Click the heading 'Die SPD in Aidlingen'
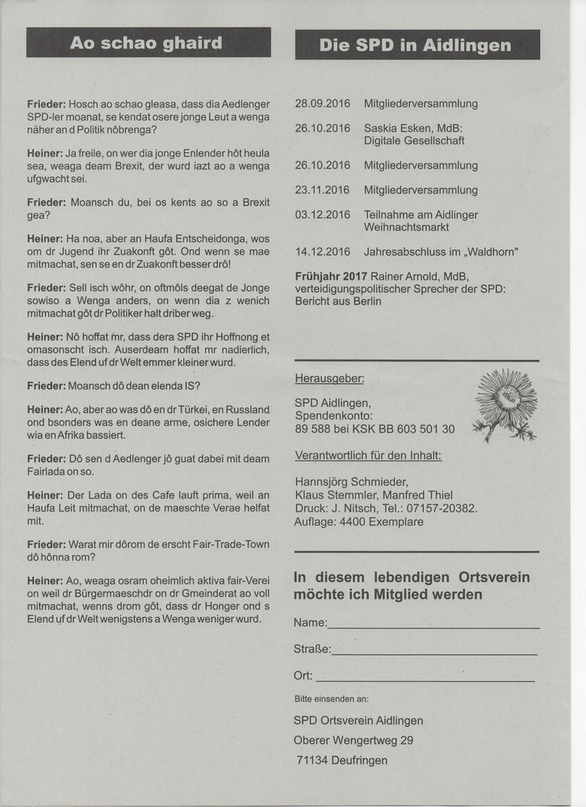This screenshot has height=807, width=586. (x=416, y=45)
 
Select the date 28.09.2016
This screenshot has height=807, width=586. (x=323, y=103)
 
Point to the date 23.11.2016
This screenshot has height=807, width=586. (x=323, y=190)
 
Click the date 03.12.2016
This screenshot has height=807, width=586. (x=323, y=215)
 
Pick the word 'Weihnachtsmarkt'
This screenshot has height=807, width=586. (x=410, y=228)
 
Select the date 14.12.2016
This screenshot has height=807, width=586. (x=323, y=252)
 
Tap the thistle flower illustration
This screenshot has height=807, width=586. (x=505, y=404)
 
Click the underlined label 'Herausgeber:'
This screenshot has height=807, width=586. (x=329, y=378)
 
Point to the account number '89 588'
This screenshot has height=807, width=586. (x=313, y=429)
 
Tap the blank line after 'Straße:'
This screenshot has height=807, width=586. (x=433, y=652)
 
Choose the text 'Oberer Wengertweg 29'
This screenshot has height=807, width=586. (x=355, y=740)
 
